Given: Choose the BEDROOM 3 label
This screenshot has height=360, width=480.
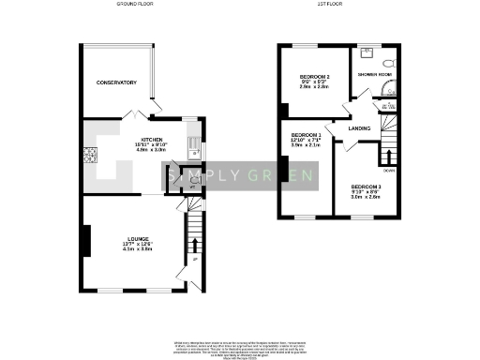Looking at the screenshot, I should click(366, 187).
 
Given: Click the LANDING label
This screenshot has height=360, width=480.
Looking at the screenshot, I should click(359, 128).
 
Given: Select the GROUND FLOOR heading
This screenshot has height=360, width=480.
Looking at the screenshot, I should click(136, 5).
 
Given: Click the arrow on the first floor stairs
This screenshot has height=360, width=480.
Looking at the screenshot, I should click(387, 155).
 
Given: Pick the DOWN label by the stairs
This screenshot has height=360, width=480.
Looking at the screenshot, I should click(388, 171).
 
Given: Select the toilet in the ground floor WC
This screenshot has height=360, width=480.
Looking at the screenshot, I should click(192, 181).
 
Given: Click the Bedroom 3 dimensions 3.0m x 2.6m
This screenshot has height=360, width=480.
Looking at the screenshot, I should click(366, 197).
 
